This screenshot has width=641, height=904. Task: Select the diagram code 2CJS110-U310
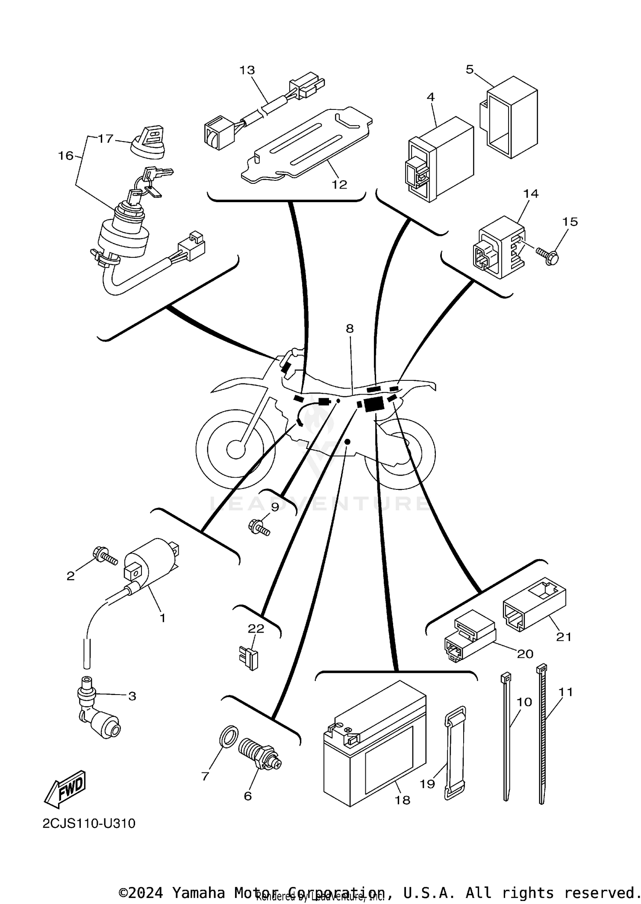coord(89,823)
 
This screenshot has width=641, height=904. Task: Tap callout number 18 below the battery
coord(402,800)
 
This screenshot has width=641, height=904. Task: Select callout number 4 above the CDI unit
coord(430,97)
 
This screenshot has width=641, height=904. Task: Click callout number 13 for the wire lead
coord(247,70)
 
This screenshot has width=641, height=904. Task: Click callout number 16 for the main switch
coord(66,156)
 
